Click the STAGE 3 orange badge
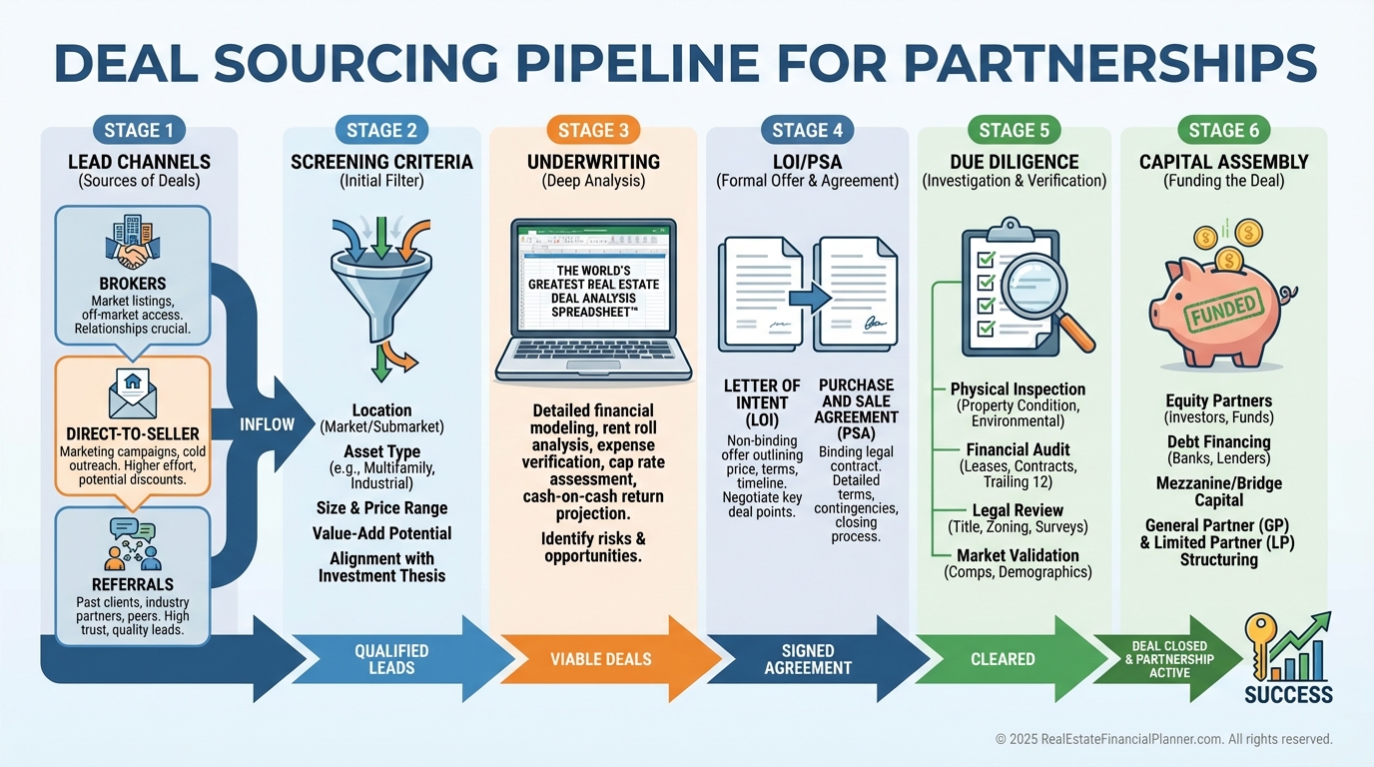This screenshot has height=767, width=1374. click(593, 130)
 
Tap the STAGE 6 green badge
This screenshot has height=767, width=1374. click(1223, 130)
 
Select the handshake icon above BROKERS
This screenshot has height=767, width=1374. click(132, 247)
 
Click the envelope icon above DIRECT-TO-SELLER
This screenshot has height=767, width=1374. click(132, 390)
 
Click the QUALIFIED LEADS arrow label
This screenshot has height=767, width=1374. click(391, 659)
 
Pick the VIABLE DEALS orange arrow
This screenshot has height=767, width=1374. click(601, 659)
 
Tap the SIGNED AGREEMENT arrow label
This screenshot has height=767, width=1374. click(808, 659)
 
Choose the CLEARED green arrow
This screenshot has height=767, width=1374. click(1003, 659)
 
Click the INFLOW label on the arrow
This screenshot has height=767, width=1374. click(267, 424)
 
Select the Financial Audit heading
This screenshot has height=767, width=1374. click(1018, 450)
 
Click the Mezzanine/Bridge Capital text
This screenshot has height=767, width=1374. click(1218, 491)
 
